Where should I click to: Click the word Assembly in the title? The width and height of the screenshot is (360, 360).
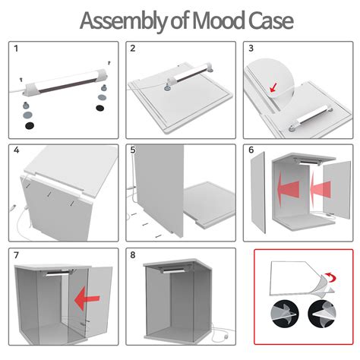pos(123,21)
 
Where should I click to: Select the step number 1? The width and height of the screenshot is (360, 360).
pos(16,49)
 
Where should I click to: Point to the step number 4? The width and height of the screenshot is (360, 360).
pos(17,150)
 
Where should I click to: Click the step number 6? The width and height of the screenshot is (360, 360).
pos(251,150)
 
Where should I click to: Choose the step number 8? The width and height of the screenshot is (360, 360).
pos(133,254)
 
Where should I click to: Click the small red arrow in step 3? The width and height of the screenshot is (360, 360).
pos(273,87)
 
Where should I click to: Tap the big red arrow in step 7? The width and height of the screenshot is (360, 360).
pos(87,298)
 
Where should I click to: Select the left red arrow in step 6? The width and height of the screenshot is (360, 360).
pos(288,188)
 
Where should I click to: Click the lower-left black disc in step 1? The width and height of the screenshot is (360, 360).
pos(30,125)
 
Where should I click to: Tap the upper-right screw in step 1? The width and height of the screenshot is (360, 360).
pos(109,62)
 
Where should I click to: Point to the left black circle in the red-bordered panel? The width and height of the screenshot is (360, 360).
pos(285,314)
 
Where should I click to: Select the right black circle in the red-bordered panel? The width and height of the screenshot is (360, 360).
pos(321,314)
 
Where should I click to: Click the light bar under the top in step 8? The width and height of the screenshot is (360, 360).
pos(175,270)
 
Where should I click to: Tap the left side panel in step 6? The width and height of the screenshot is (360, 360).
pos(258,192)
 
